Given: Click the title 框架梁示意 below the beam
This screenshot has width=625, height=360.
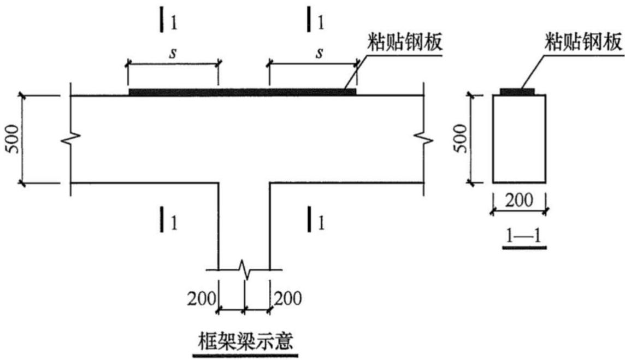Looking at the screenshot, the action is (245, 340).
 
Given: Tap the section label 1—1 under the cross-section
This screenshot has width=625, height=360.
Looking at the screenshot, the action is (524, 236).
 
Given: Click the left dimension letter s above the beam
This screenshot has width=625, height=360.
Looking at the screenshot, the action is (173, 53).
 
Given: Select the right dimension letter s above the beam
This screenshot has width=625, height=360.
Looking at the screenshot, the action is (319, 53).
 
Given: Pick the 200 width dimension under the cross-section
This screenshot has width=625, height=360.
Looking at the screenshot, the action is (519, 200).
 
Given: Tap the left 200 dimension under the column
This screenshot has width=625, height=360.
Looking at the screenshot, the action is (202, 299).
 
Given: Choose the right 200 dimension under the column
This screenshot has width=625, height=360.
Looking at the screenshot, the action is (287, 299).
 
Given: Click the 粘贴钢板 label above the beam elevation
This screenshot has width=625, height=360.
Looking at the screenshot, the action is (405, 42).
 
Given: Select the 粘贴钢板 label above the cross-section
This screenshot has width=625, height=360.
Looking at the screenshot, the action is (583, 42).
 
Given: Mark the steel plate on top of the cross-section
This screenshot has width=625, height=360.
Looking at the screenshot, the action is (517, 92).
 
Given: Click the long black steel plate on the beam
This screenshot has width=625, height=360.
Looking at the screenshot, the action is (243, 92).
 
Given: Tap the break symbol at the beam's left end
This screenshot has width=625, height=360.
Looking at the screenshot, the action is (71, 139).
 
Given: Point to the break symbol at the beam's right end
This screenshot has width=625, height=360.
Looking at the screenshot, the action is (423, 139).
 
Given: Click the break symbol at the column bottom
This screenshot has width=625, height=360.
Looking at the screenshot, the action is (244, 270).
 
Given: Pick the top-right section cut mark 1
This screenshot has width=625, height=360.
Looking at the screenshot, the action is (315, 20).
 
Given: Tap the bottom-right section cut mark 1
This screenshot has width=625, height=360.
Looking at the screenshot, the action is (315, 219).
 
